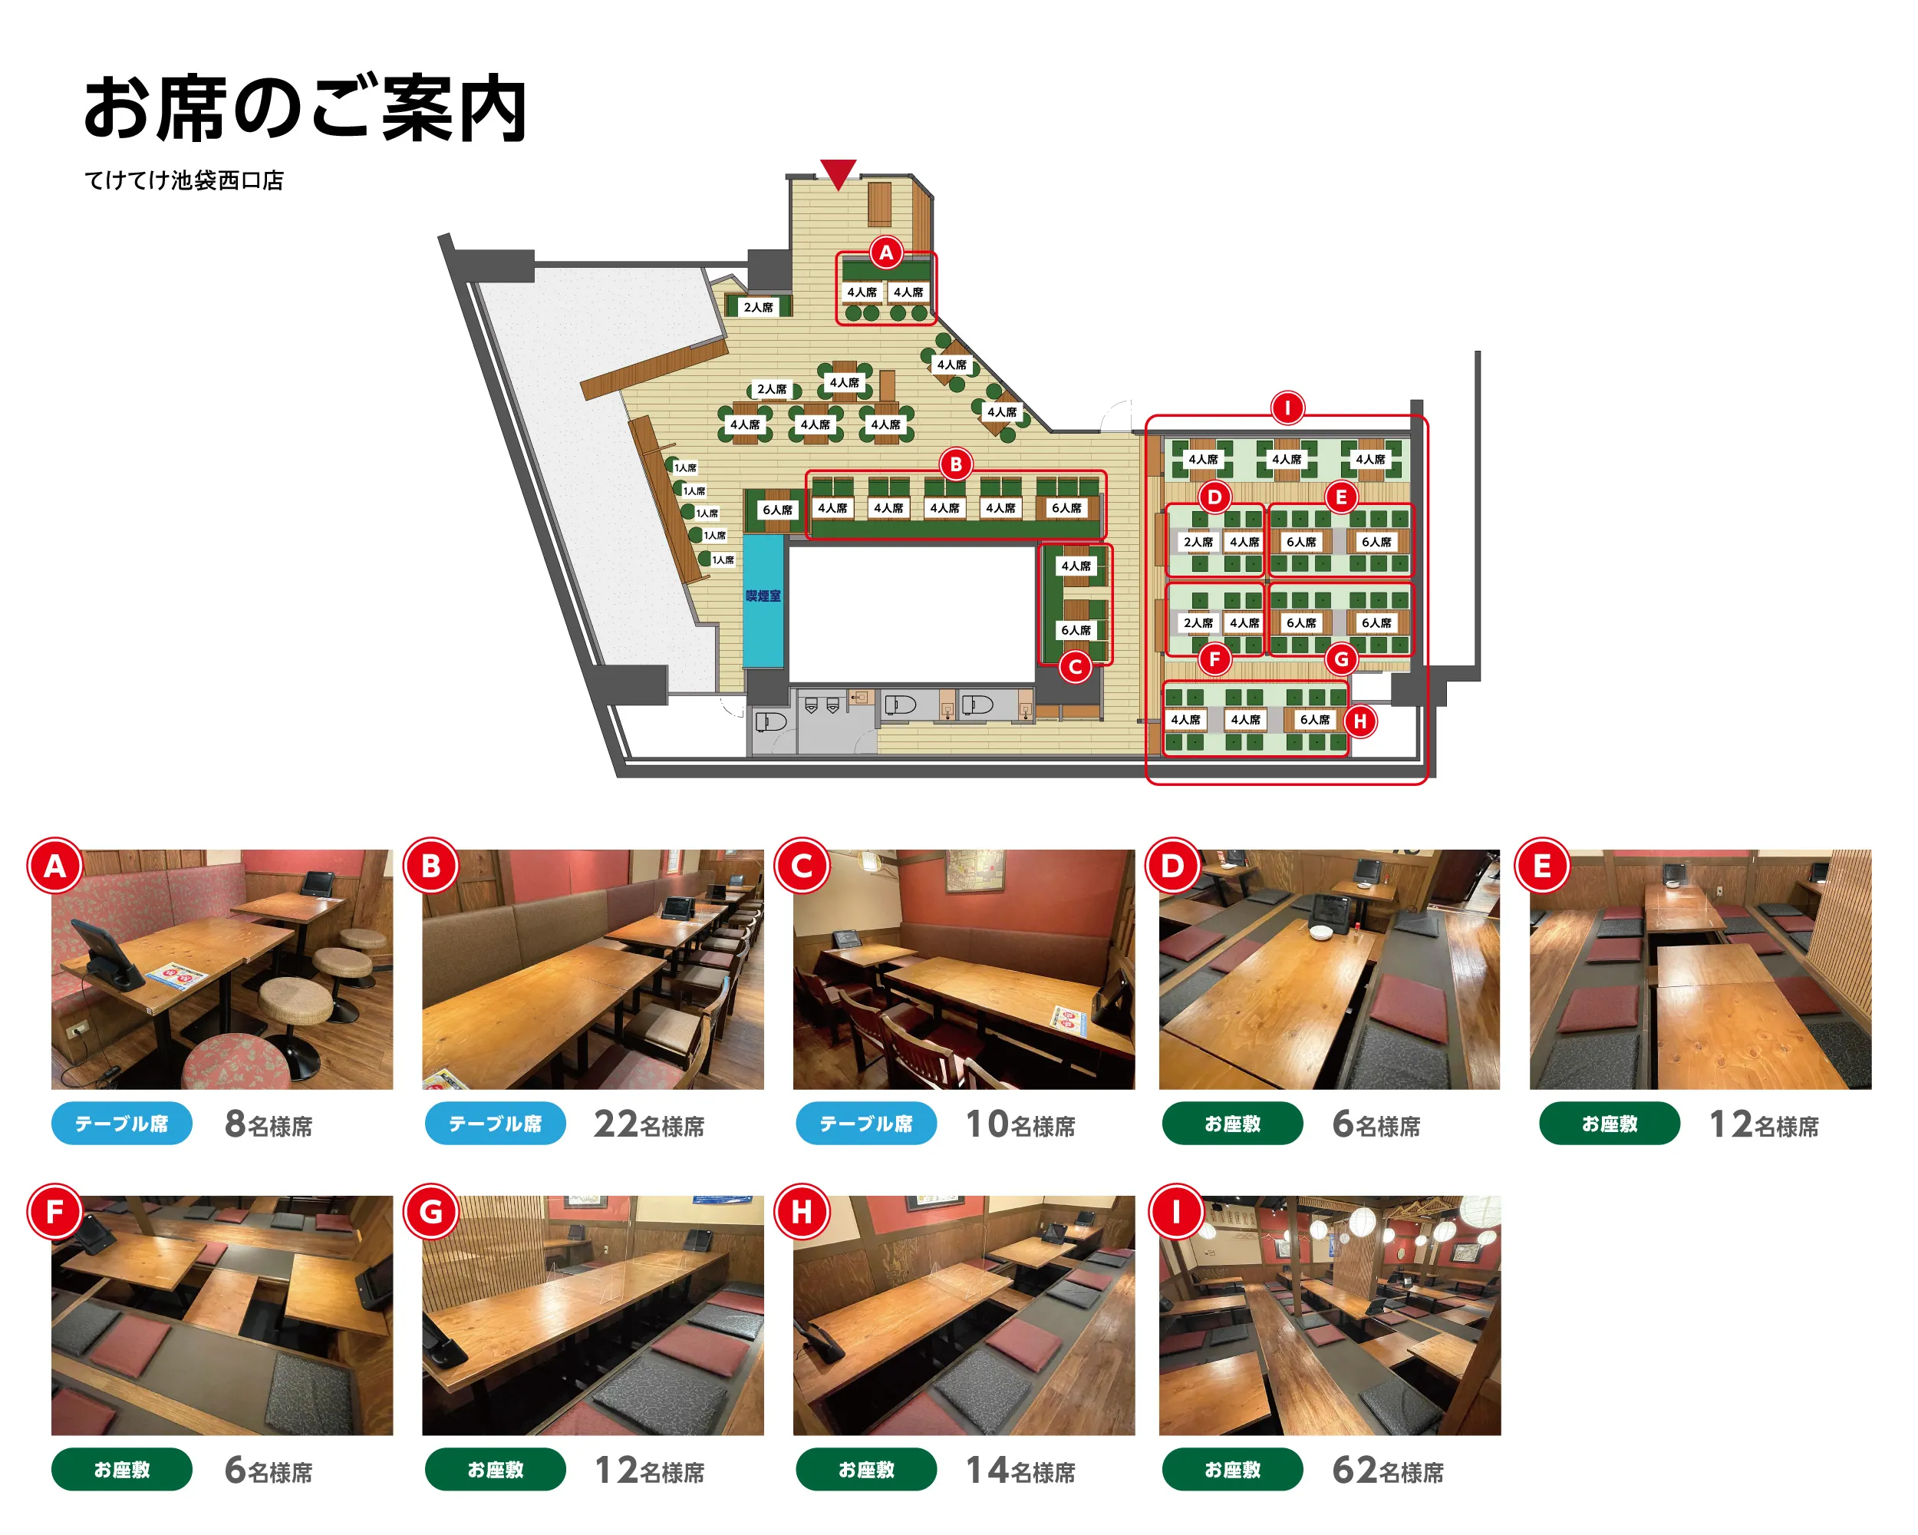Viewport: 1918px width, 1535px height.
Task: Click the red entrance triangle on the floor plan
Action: (837, 173)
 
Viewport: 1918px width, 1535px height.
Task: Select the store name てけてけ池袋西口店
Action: (184, 180)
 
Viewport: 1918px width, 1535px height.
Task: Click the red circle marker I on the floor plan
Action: (1287, 408)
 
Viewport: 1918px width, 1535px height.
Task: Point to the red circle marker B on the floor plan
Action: (955, 464)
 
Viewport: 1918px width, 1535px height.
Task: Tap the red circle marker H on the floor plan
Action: (1359, 721)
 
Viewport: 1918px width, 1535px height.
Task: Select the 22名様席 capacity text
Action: (648, 1125)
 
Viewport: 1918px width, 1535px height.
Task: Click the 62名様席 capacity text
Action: (1387, 1471)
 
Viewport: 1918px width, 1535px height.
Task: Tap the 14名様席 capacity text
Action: (1020, 1471)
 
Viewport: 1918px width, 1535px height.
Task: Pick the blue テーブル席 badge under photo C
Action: (865, 1124)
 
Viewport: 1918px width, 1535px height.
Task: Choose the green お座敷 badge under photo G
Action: (495, 1470)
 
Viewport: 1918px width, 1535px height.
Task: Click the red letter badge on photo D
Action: (1172, 866)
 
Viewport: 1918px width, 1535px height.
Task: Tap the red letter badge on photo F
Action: (55, 1212)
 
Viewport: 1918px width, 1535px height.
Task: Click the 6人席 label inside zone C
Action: (1076, 630)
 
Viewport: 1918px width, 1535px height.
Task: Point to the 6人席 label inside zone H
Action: (1314, 720)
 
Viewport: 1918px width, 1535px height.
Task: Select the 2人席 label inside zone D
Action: (1198, 542)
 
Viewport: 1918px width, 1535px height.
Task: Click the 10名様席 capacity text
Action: (1020, 1125)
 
